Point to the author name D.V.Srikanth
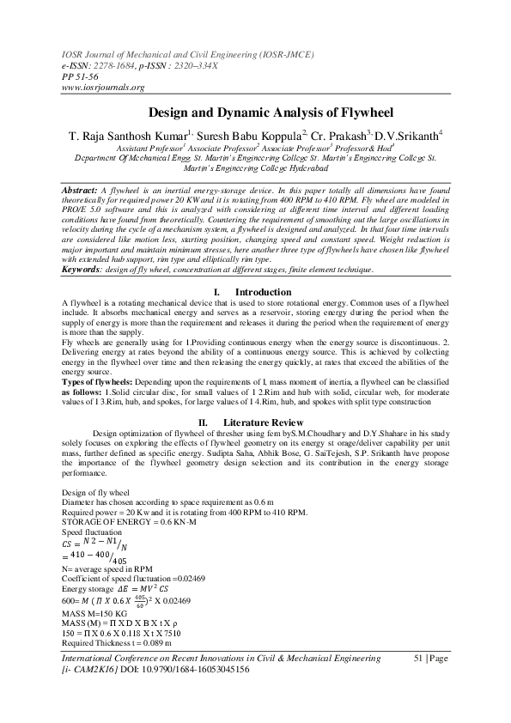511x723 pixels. click(x=406, y=135)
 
